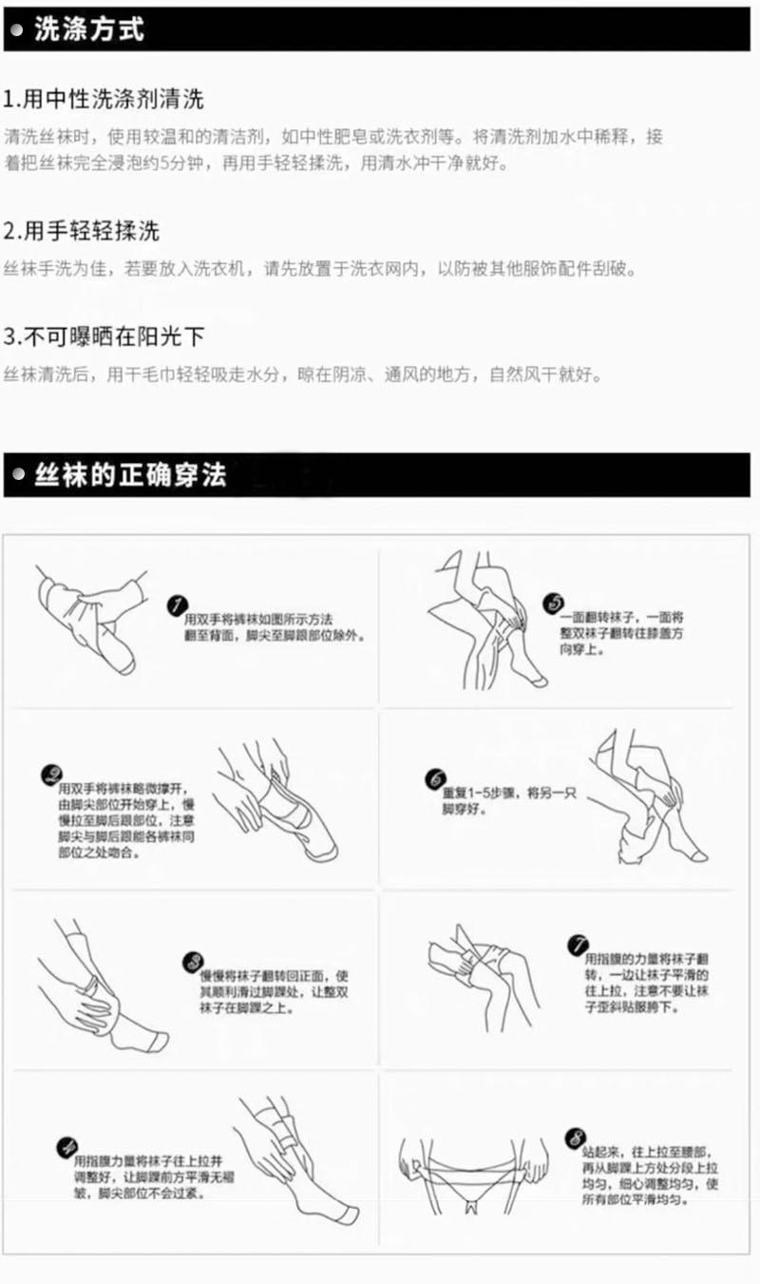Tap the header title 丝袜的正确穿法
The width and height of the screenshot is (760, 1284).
(130, 475)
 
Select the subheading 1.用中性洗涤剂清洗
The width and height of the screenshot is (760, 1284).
(104, 99)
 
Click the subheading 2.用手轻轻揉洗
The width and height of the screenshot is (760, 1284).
(82, 231)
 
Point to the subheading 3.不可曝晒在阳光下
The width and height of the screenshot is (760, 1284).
(104, 337)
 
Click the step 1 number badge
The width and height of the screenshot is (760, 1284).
(176, 606)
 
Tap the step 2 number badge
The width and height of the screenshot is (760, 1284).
(51, 776)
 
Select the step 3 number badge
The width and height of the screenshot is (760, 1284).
(193, 962)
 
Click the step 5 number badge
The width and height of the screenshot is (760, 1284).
(553, 604)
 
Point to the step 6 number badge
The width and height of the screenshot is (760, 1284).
(437, 778)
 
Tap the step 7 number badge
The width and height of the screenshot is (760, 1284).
(578, 945)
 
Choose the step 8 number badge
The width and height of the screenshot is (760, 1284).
(574, 1137)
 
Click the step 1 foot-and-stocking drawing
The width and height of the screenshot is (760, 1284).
(90, 613)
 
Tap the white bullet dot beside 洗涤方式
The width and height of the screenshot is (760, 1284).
(17, 30)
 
